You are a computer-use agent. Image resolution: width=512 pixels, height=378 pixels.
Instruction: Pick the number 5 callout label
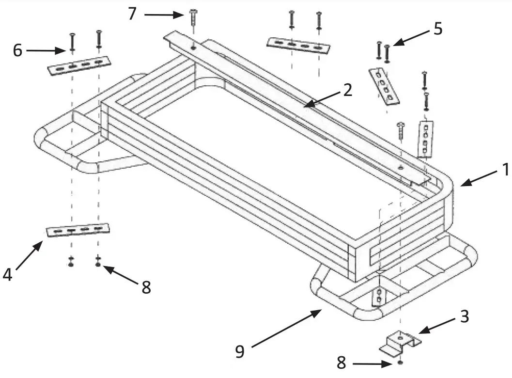coord(437,29)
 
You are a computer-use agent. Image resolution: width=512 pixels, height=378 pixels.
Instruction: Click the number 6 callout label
coord(17,50)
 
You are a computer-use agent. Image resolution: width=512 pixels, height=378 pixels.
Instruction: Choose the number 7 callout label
coord(132,14)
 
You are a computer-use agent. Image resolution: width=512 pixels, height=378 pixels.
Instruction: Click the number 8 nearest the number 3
coord(341,363)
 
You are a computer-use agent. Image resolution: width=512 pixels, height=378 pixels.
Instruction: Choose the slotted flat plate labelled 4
coord(78,230)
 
